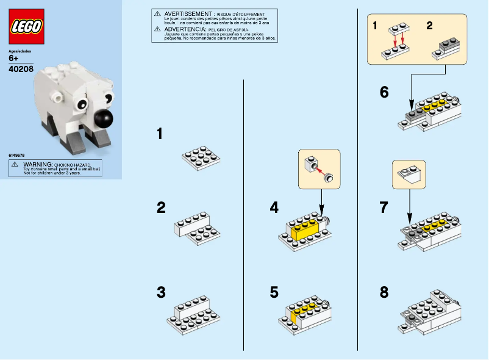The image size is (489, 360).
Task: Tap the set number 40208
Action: click(21, 70)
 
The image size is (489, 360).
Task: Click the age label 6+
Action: click(14, 59)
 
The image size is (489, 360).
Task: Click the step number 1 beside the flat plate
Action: click(160, 134)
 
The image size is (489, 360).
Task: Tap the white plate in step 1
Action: click(201, 157)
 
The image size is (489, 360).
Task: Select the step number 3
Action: click(161, 292)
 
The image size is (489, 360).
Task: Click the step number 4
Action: click(274, 208)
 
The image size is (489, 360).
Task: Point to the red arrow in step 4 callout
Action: click(319, 171)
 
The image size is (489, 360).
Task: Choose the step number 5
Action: click(274, 292)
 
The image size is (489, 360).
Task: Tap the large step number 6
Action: click(384, 92)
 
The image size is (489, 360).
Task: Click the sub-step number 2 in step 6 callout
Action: click(429, 26)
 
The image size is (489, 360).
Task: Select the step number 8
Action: click(384, 292)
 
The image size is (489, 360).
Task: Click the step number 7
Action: click(384, 208)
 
